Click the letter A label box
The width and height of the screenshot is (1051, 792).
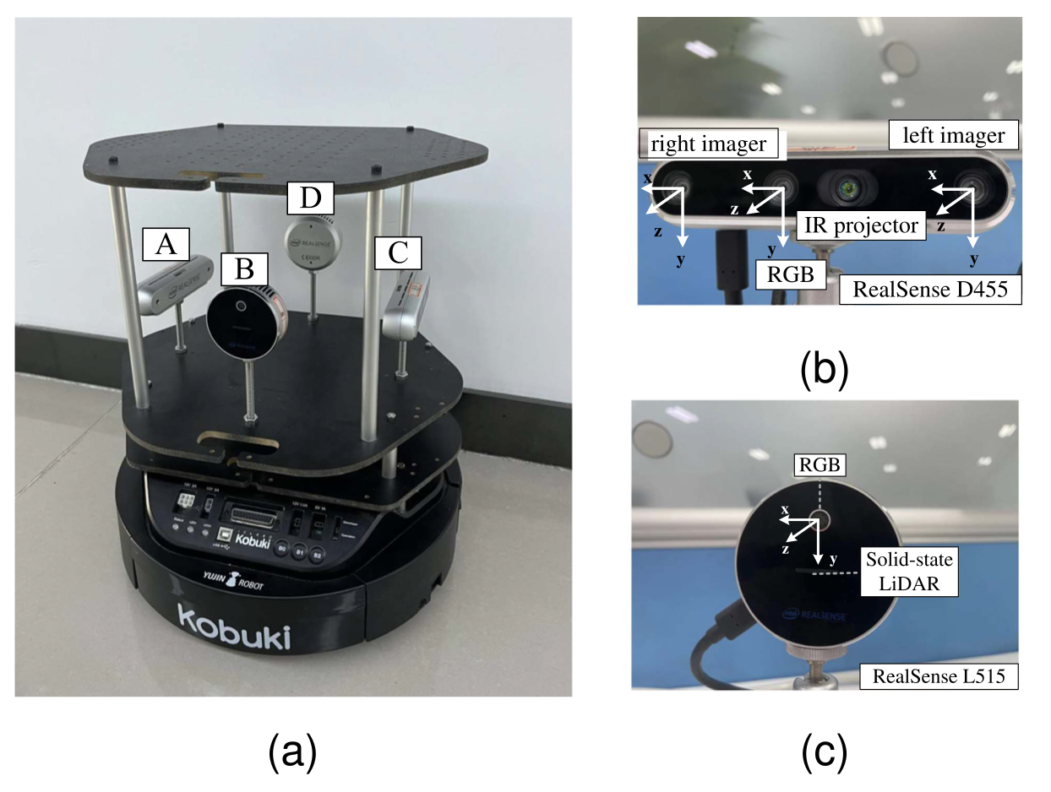pyautogui.click(x=166, y=245)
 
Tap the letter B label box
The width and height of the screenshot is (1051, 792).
pyautogui.click(x=243, y=270)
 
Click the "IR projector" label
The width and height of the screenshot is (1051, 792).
pyautogui.click(x=861, y=225)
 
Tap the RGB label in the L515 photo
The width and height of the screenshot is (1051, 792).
pyautogui.click(x=819, y=464)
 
